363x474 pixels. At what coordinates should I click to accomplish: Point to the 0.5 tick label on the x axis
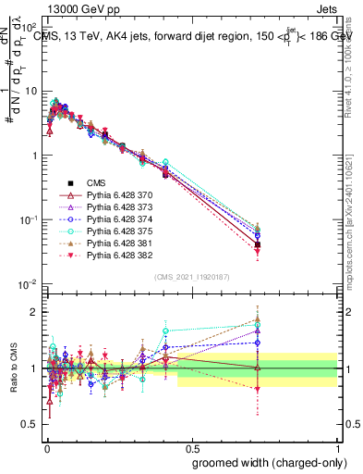point(192,445)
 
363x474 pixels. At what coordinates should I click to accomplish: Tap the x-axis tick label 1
point(337,445)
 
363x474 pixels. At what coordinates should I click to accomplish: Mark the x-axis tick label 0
point(47,445)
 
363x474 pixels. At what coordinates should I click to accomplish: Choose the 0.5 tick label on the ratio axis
point(30,426)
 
